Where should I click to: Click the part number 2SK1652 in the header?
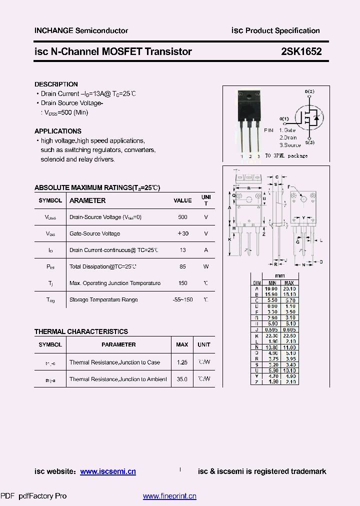pyautogui.click(x=301, y=51)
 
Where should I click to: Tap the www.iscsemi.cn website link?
pyautogui.click(x=107, y=471)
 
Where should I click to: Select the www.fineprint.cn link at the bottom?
pyautogui.click(x=169, y=496)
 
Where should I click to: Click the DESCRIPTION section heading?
pyautogui.click(x=56, y=84)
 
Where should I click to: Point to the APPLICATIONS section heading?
pyautogui.click(x=57, y=131)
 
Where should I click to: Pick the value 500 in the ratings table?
pyautogui.click(x=182, y=217)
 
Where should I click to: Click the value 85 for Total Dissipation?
pyautogui.click(x=182, y=266)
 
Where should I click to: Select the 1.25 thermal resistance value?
pyautogui.click(x=182, y=362)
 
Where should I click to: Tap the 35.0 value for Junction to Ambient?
pyautogui.click(x=182, y=379)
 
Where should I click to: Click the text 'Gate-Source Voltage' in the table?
pyautogui.click(x=94, y=233)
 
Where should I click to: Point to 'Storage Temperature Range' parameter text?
pyautogui.click(x=103, y=299)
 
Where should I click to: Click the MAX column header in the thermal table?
pyautogui.click(x=182, y=344)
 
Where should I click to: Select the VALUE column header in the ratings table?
pyautogui.click(x=182, y=200)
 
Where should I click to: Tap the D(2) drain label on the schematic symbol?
pyautogui.click(x=309, y=92)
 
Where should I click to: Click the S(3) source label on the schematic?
pyautogui.click(x=309, y=143)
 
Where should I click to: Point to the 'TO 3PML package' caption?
pyautogui.click(x=286, y=156)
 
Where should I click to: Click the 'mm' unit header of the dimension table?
pyautogui.click(x=280, y=276)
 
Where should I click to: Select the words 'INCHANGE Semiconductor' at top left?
pyautogui.click(x=81, y=31)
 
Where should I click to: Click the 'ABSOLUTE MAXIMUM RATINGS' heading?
pyautogui.click(x=97, y=188)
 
